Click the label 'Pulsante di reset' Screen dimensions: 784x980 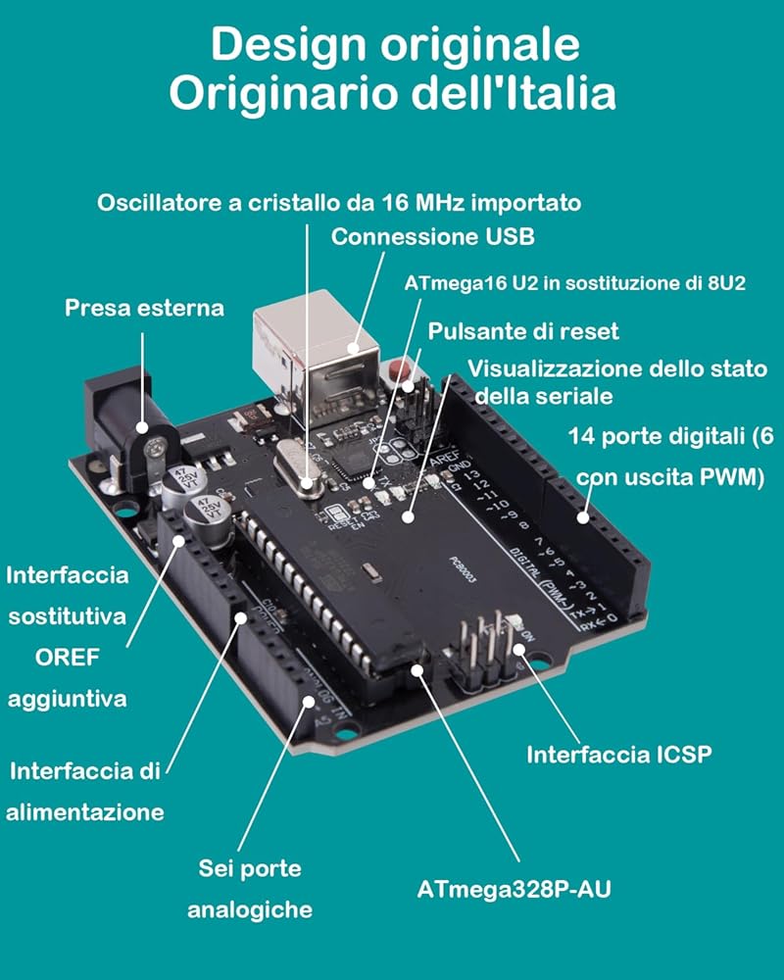523,331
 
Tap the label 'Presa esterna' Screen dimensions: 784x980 144,308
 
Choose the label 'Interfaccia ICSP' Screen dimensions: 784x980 618,755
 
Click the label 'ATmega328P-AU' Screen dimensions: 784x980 519,890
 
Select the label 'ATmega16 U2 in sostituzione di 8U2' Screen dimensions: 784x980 575,283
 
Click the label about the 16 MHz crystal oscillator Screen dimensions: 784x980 339,203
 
